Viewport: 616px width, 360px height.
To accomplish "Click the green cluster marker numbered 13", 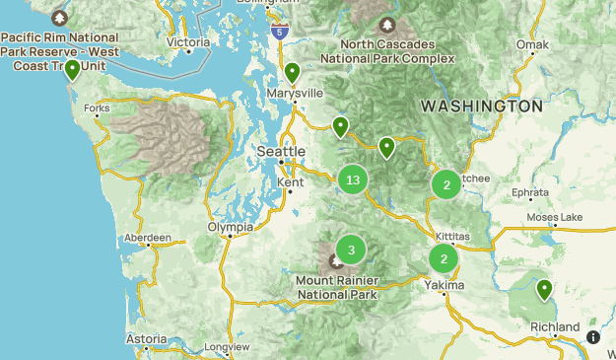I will (353, 180).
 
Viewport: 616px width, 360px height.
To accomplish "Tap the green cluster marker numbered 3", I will (351, 250).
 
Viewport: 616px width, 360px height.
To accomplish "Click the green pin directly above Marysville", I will (292, 73).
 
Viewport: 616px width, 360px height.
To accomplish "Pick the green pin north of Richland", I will (544, 290).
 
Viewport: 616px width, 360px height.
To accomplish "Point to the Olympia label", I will (230, 227).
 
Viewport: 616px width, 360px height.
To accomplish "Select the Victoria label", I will (188, 42).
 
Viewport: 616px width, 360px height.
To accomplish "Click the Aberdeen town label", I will (148, 238).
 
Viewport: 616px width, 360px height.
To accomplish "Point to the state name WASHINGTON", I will (481, 106).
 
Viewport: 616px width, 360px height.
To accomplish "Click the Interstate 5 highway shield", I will (281, 32).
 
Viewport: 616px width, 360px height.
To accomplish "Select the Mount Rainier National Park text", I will (336, 287).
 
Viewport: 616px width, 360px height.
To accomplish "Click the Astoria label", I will (146, 338).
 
